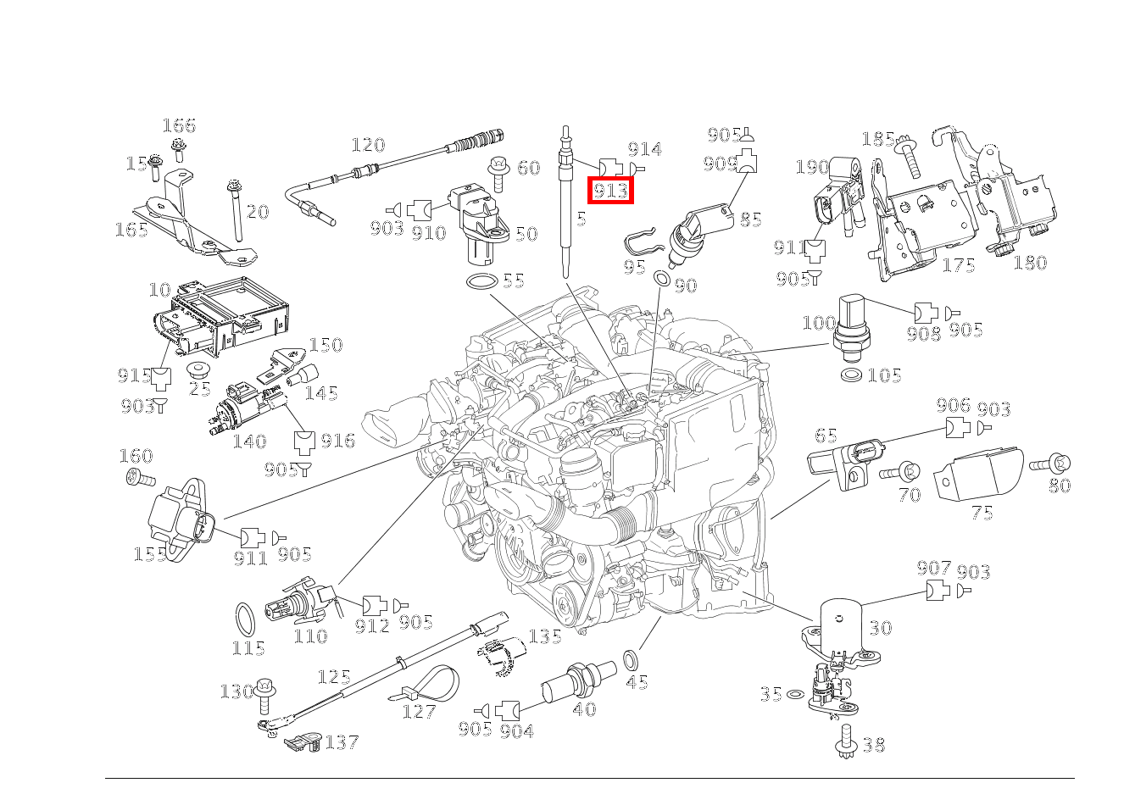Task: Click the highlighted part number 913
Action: tap(611, 191)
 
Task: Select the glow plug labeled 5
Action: tap(563, 203)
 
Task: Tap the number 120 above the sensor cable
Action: tap(368, 145)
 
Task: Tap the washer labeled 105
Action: tap(851, 375)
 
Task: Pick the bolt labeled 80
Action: tap(1051, 464)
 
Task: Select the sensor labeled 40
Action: tap(576, 680)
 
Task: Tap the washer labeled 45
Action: tap(631, 658)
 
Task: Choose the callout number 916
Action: tap(337, 441)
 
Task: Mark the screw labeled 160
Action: tap(140, 479)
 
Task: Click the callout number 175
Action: tap(959, 265)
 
